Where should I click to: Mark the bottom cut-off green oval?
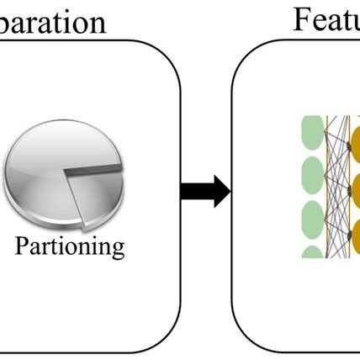click(313, 251)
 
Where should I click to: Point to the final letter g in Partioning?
click(119, 250)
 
